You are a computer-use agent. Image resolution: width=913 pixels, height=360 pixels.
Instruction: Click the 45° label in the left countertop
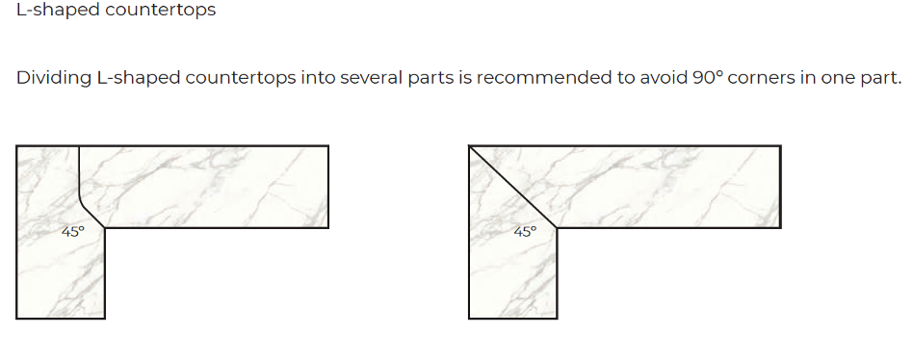(x=73, y=231)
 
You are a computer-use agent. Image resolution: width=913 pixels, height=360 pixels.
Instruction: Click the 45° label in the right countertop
(x=525, y=231)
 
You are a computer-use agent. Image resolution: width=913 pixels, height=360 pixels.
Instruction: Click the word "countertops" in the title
(x=161, y=11)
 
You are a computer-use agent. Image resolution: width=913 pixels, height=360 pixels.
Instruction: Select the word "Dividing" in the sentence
(x=54, y=78)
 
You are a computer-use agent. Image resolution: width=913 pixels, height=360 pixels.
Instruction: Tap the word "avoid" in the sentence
(x=664, y=77)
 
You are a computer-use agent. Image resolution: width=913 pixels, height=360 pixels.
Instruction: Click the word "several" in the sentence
(x=371, y=77)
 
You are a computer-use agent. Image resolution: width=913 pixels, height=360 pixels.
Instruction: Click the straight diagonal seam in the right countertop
(x=513, y=187)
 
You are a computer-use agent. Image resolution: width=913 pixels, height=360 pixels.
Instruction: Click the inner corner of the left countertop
(x=105, y=228)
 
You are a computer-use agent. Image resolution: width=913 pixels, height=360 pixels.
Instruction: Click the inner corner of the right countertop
(x=558, y=228)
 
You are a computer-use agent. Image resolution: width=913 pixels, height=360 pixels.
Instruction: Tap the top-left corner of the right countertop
(x=469, y=146)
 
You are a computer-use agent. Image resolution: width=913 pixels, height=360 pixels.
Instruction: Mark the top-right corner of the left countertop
(x=328, y=146)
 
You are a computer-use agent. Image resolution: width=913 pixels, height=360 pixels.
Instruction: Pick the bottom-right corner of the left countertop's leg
(x=105, y=318)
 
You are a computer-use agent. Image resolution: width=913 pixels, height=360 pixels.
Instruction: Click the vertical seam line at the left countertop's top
(x=79, y=168)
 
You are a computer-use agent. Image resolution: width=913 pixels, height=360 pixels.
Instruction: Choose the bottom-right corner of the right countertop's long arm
(x=780, y=228)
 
